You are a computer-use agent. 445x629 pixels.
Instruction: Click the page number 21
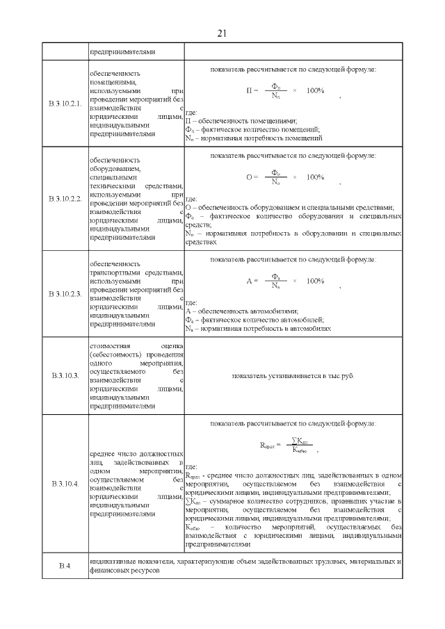coord(222,33)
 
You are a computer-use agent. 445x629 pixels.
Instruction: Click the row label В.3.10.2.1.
coord(65,104)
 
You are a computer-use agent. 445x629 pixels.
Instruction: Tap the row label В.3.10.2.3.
coord(65,295)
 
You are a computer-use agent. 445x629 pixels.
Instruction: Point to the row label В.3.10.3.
coord(65,375)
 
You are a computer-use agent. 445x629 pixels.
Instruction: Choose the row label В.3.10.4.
coord(65,483)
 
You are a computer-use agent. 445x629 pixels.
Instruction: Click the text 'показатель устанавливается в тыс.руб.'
coord(293,375)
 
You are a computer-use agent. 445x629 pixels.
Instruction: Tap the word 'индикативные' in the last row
coord(111,561)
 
